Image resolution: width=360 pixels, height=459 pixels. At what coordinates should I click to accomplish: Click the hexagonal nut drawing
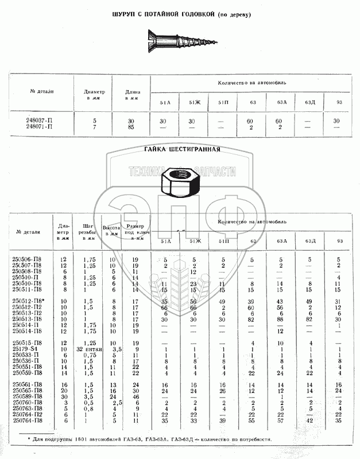pyautogui.click(x=179, y=182)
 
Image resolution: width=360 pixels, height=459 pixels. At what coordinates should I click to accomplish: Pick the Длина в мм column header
pyautogui.click(x=130, y=95)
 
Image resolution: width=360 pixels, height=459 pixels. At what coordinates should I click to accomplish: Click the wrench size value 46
pyautogui.click(x=136, y=396)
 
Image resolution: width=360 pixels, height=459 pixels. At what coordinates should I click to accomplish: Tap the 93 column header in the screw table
pyautogui.click(x=336, y=102)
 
